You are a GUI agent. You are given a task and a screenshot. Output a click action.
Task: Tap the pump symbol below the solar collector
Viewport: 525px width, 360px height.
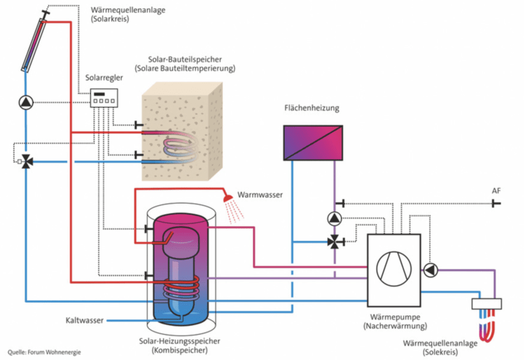click(x=25, y=102)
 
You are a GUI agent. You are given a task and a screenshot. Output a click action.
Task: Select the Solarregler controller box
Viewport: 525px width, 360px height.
click(x=104, y=101)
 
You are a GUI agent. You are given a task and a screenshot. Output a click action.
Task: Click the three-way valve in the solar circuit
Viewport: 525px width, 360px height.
click(x=26, y=161)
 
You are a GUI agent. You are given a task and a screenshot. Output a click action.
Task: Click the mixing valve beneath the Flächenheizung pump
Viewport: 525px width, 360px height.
click(x=335, y=242)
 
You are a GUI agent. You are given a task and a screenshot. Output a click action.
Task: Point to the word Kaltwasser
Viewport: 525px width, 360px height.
click(x=83, y=320)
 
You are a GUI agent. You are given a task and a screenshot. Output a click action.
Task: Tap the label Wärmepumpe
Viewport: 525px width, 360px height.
click(x=391, y=317)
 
